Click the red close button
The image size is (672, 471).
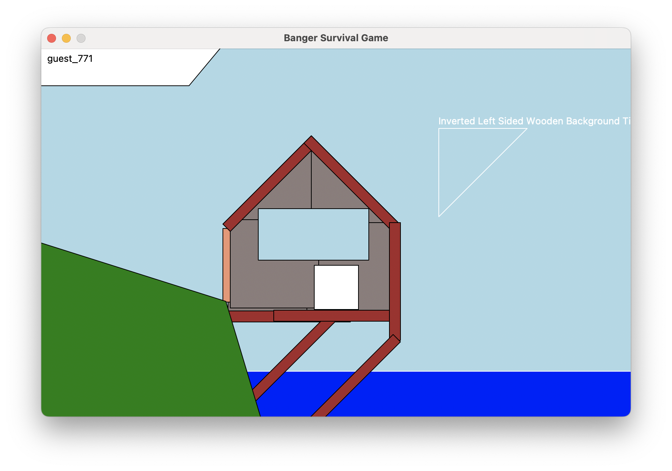point(52,38)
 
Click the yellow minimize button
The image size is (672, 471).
point(66,38)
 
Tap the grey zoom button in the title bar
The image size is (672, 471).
point(81,38)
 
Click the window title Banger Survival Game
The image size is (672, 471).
point(336,38)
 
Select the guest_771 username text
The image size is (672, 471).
point(70,59)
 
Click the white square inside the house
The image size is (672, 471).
point(336,287)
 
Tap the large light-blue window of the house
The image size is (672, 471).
point(314,234)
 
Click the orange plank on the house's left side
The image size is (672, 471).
point(227,265)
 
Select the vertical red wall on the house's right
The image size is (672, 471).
point(395,281)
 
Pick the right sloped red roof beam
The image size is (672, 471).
point(351,182)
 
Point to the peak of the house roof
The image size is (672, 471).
point(311,136)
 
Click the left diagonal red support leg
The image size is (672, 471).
point(293,361)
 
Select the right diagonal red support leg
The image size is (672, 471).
point(356,376)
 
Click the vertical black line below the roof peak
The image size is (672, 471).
point(311,180)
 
